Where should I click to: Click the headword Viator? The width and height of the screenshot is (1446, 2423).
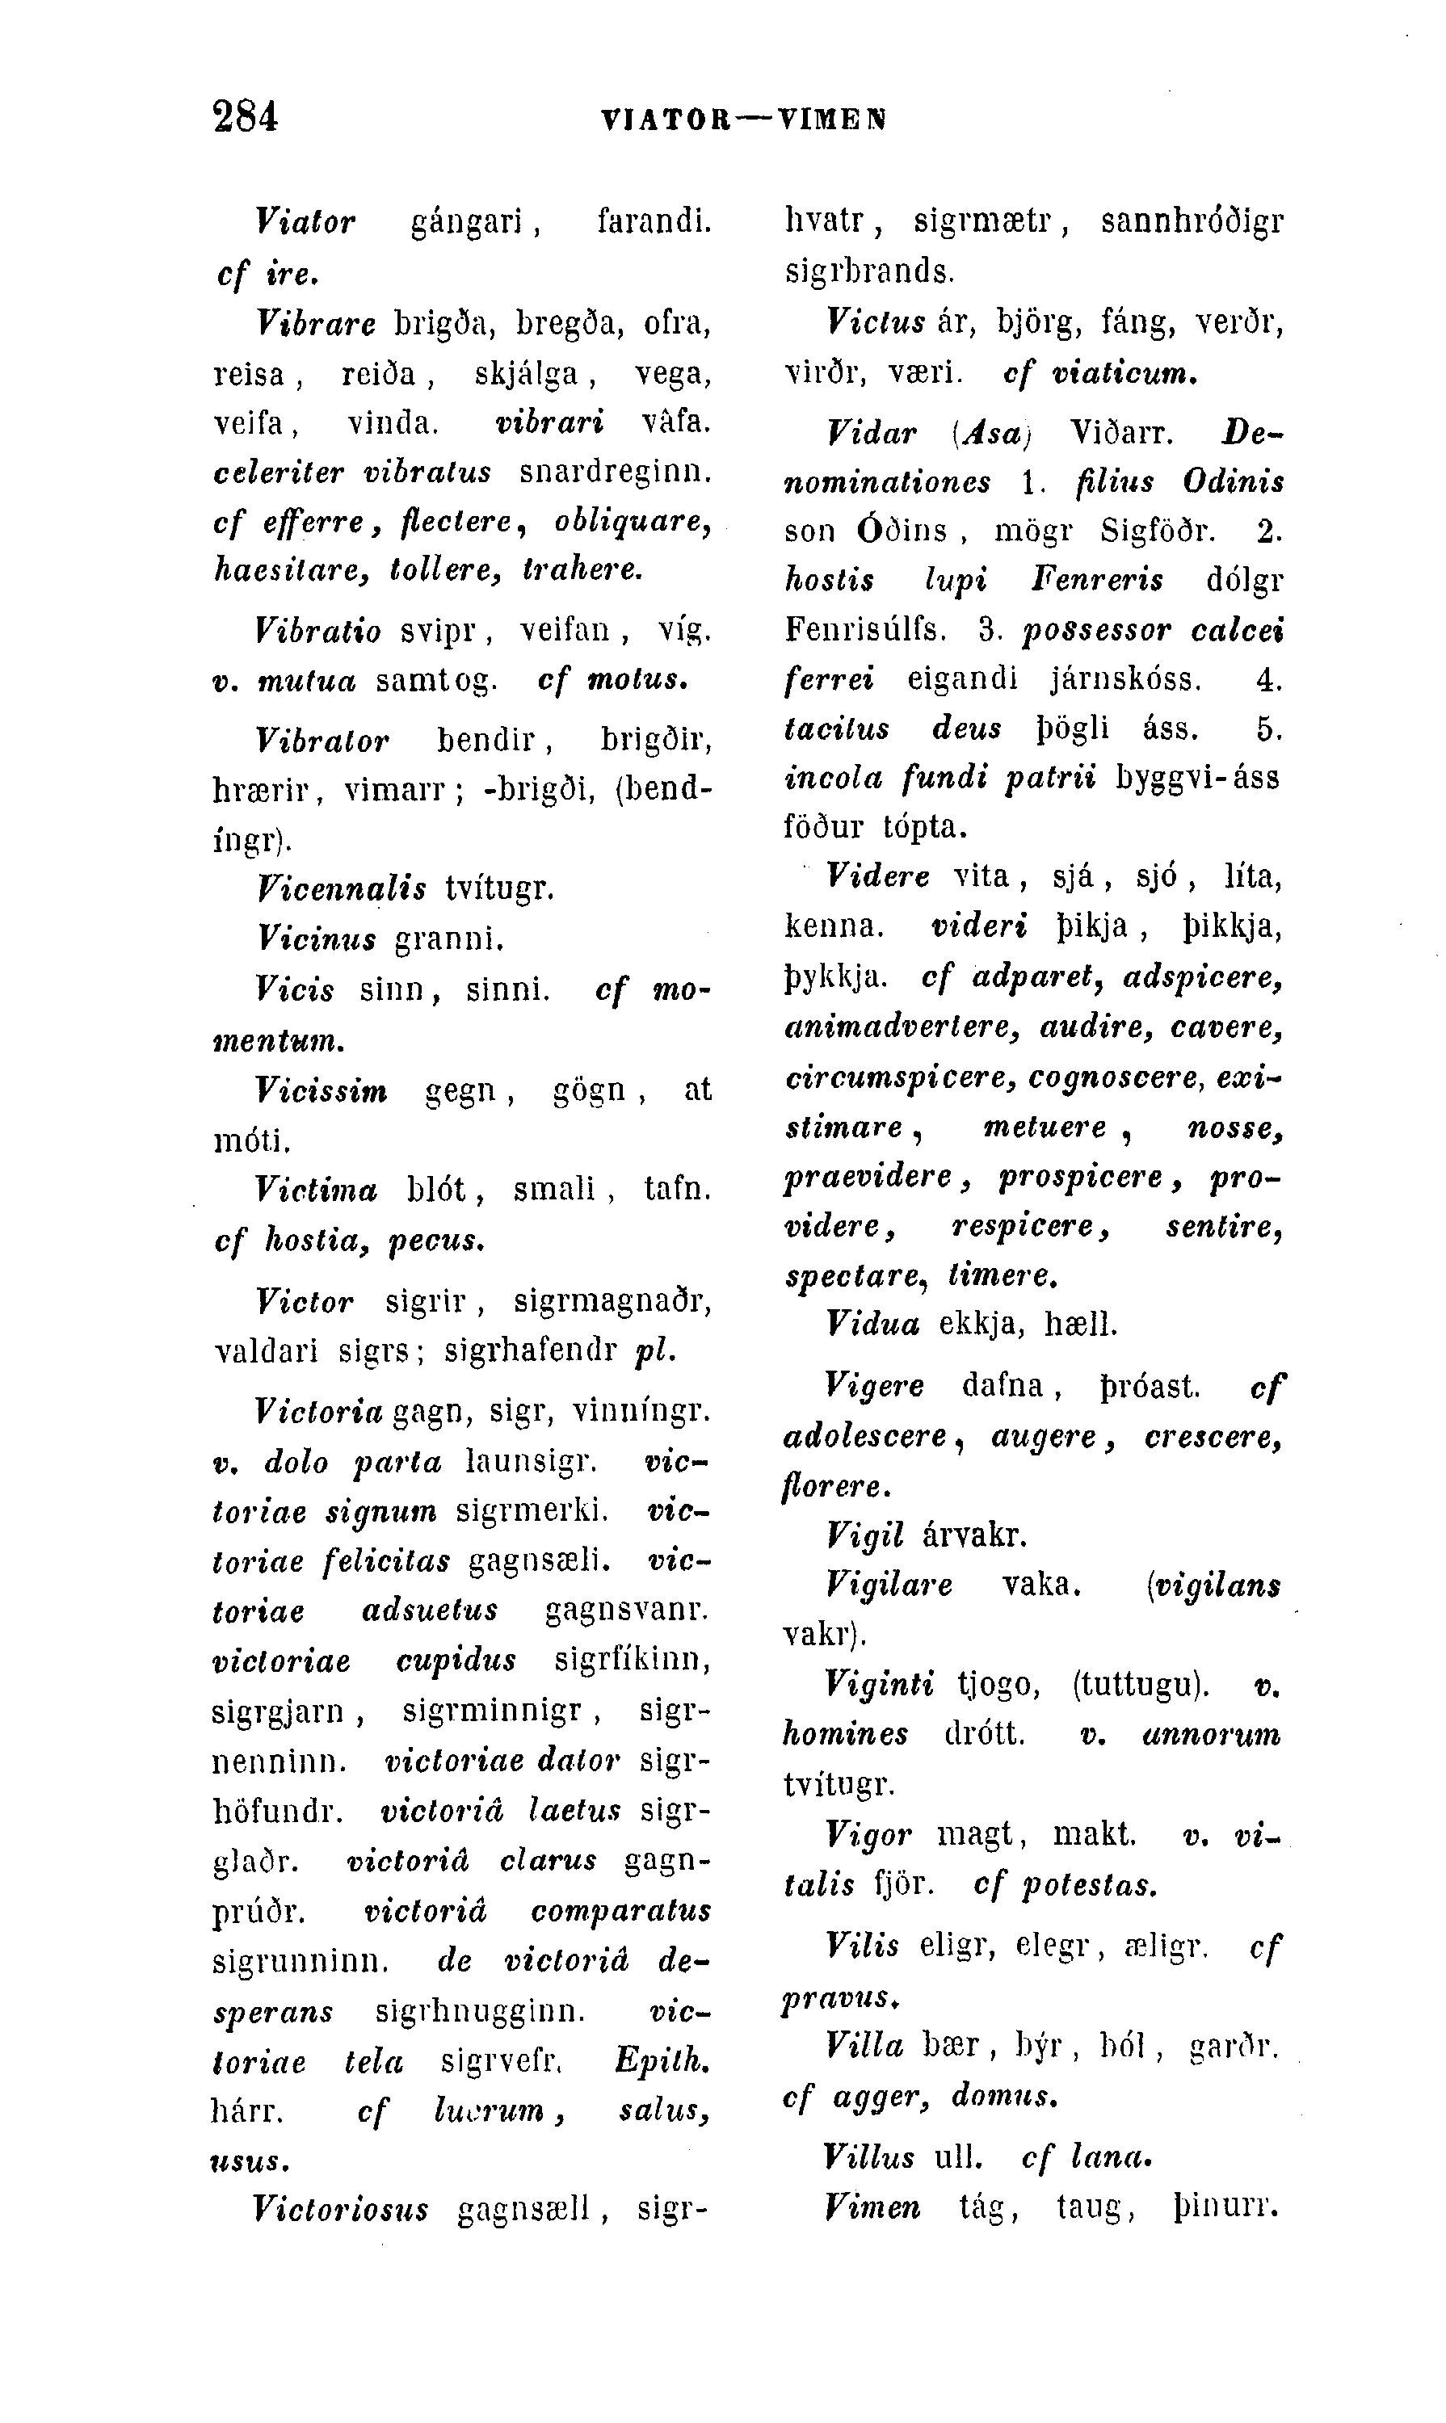(305, 222)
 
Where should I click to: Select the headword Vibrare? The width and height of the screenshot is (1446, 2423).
(316, 322)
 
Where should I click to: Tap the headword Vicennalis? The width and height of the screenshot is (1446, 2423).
(341, 888)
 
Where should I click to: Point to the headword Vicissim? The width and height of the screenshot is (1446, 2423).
(321, 1090)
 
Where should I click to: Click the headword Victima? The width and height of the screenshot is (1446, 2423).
(316, 1190)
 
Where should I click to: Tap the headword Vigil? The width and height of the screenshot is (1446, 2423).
(865, 1536)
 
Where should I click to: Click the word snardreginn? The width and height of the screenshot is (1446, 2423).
(615, 472)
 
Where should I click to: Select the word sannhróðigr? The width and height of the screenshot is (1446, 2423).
(1192, 222)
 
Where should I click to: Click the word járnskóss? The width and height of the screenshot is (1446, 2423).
(1124, 679)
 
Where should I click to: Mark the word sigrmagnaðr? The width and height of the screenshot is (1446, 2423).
(612, 1302)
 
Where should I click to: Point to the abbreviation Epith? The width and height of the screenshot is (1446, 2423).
(662, 2060)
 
